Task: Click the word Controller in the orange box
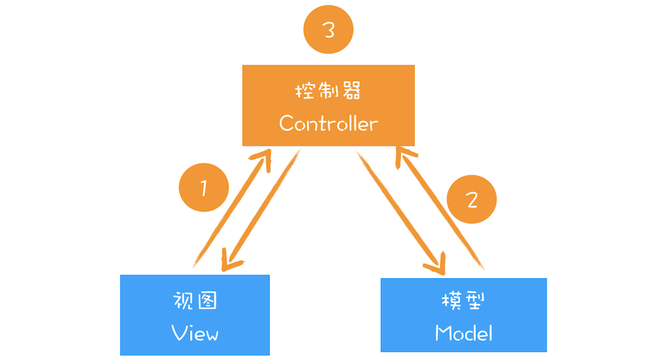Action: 328,123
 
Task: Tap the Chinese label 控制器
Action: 328,92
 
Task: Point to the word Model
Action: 464,333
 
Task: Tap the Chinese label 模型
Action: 464,301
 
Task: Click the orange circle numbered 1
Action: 204,188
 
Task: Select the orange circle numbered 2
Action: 472,200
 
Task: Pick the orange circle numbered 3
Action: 329,30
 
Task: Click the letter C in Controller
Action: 286,123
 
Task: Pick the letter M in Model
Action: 444,333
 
